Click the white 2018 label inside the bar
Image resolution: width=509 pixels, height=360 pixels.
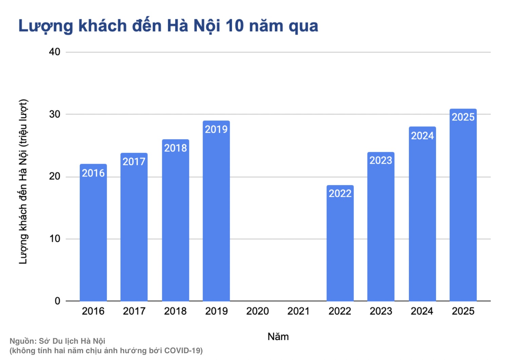(x=175, y=148)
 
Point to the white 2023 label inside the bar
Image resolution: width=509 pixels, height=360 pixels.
(x=381, y=160)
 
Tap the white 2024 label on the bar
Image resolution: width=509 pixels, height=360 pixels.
(x=422, y=136)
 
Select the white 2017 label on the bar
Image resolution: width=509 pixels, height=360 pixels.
(x=134, y=162)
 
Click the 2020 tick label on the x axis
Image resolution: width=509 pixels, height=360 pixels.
(x=258, y=311)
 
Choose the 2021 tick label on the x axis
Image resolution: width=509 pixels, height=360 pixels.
(x=298, y=311)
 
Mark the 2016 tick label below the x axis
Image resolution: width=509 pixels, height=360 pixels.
(x=93, y=311)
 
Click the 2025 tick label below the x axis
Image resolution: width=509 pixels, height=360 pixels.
(x=463, y=311)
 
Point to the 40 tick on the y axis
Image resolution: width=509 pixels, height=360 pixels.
(x=55, y=52)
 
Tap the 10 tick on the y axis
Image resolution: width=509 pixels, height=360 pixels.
(x=55, y=239)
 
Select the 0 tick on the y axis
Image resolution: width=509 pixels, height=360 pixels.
(x=57, y=301)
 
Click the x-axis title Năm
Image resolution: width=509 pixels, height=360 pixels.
(x=278, y=337)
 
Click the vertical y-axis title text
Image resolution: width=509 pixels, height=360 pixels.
(x=23, y=182)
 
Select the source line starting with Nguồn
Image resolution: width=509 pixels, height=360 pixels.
(x=57, y=341)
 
